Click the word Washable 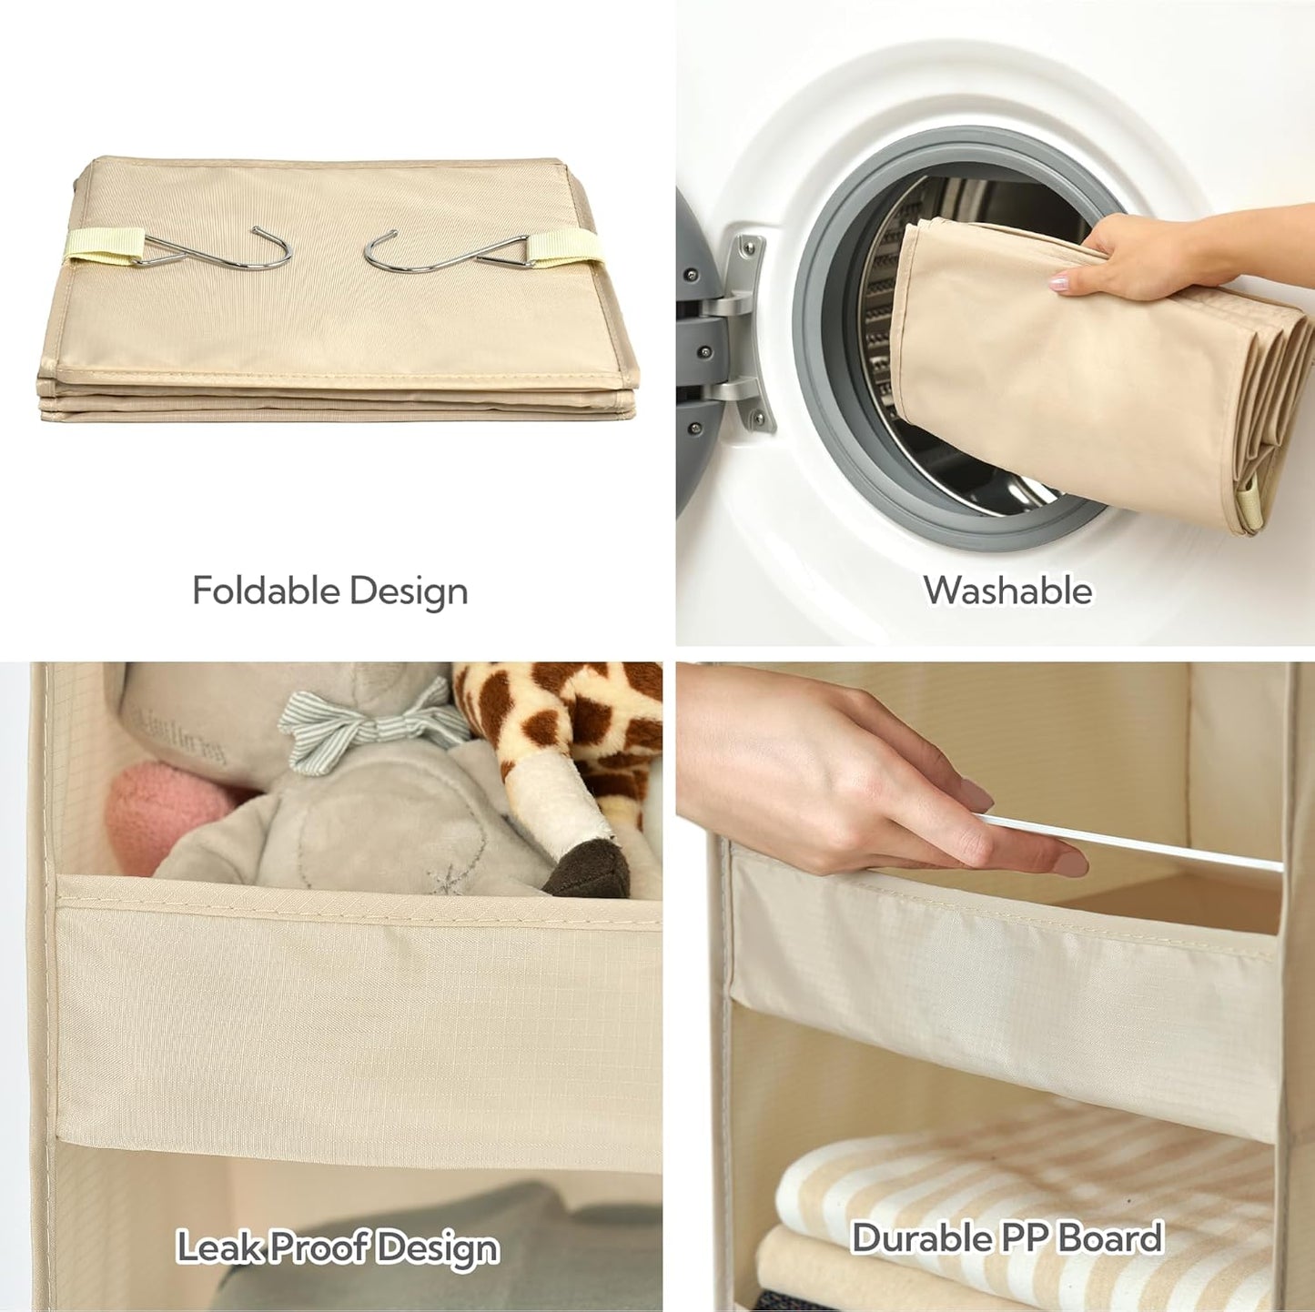click(x=1007, y=590)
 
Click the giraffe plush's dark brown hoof click(x=588, y=869)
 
